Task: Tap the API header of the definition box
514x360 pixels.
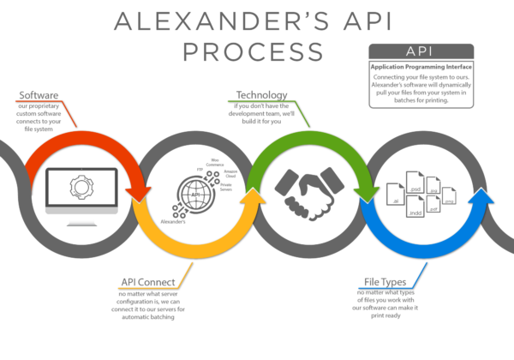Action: click(421, 51)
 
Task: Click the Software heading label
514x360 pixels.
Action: click(39, 94)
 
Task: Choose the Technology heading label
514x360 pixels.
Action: click(261, 94)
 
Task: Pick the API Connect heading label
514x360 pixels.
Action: click(148, 281)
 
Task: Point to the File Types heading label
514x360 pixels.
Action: click(385, 281)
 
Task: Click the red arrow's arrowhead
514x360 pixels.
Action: click(138, 193)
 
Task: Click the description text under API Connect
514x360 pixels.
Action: click(150, 305)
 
